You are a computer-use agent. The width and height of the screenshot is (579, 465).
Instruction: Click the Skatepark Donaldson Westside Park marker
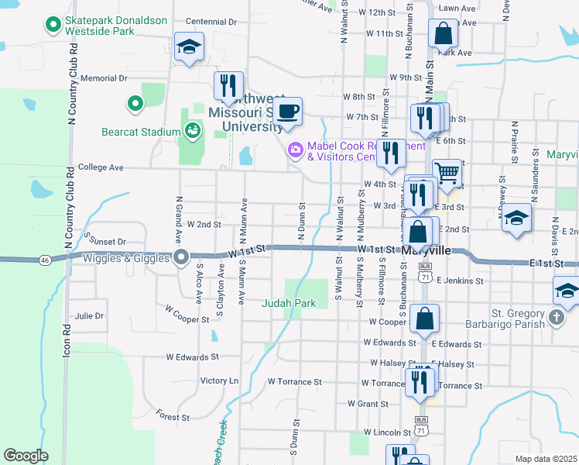pos(53,26)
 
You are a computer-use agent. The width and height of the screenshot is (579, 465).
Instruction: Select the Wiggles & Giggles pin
pos(182,258)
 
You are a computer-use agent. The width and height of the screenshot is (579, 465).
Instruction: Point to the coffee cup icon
pos(288,112)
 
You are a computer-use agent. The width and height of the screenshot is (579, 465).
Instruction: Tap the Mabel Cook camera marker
pos(295,150)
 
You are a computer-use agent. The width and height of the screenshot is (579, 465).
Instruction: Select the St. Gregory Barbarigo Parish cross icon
pos(556,317)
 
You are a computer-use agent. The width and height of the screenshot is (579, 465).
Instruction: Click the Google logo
pos(26,456)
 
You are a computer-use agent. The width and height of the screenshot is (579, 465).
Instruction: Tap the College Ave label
pos(101,167)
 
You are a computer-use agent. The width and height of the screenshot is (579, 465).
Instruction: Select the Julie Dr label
pos(89,316)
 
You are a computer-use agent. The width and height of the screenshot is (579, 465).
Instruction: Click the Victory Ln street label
pos(220,381)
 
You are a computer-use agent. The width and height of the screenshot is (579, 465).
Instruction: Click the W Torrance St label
pos(294,382)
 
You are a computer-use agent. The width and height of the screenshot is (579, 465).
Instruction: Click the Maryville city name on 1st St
pos(427,251)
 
